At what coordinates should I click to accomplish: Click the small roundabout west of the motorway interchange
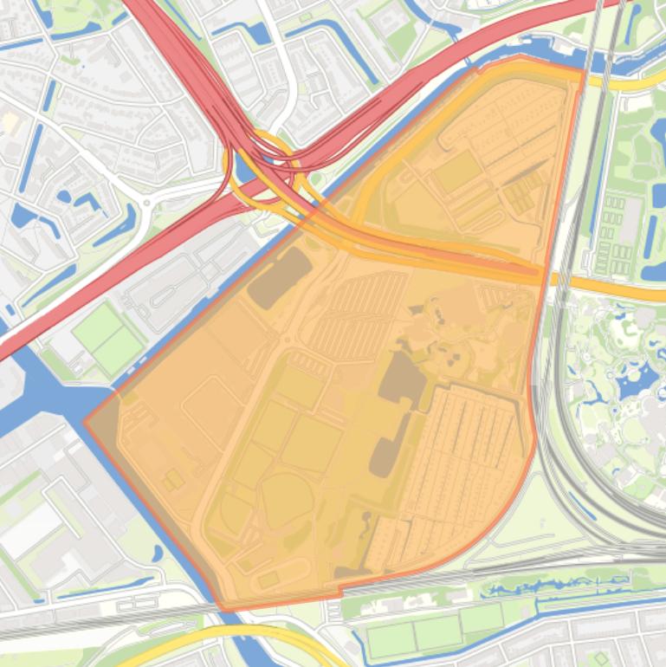click(147, 204)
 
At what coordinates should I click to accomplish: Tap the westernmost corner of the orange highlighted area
click(85, 422)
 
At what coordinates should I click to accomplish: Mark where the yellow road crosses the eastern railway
click(555, 279)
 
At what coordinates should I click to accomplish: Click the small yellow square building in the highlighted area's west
click(174, 478)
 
